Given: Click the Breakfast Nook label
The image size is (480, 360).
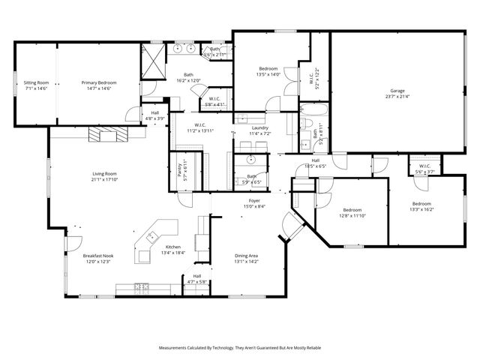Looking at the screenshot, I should [x=97, y=256].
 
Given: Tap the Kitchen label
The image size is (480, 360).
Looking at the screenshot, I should [x=173, y=247].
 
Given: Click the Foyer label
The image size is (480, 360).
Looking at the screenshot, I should [x=255, y=201].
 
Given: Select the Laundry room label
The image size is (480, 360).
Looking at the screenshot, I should [x=260, y=127].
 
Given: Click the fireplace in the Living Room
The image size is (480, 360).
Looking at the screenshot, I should [x=108, y=135].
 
